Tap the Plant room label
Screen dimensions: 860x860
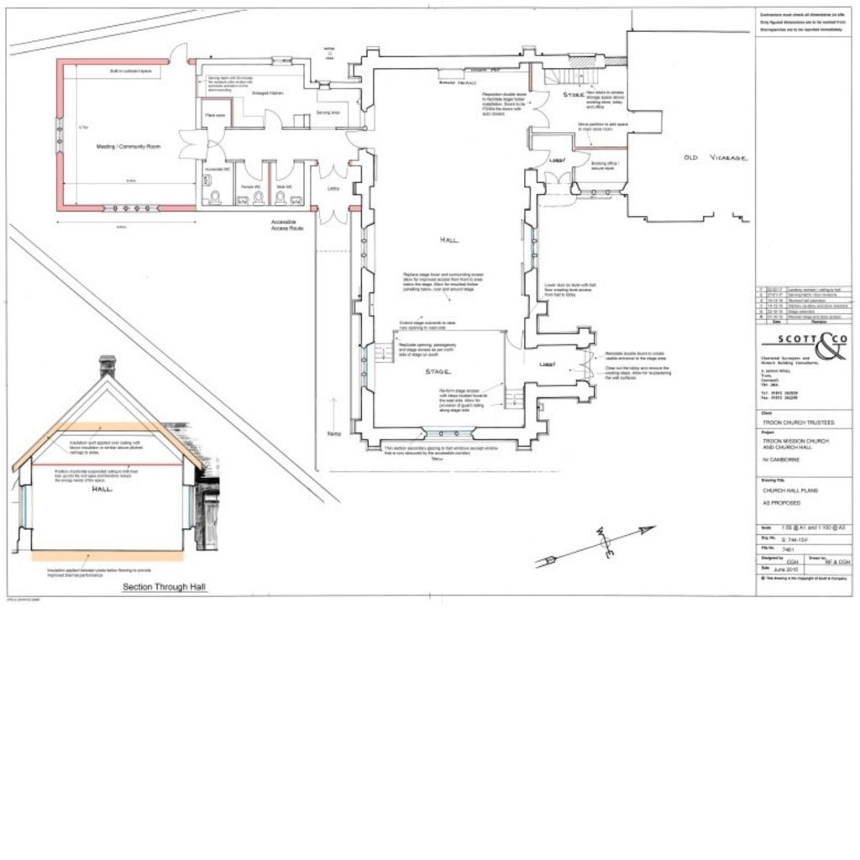pyautogui.click(x=212, y=115)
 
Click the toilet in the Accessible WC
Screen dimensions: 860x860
pyautogui.click(x=216, y=197)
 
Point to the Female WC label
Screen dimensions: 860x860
pyautogui.click(x=249, y=186)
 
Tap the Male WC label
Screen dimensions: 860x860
pyautogui.click(x=283, y=186)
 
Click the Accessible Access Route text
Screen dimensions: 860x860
pyautogui.click(x=291, y=225)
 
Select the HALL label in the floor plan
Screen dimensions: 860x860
pyautogui.click(x=450, y=240)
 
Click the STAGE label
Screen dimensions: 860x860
pyautogui.click(x=438, y=370)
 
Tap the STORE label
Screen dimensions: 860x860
pyautogui.click(x=574, y=95)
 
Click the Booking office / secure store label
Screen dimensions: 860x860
pyautogui.click(x=604, y=165)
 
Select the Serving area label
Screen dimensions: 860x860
pyautogui.click(x=328, y=112)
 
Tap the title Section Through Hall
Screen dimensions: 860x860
pyautogui.click(x=165, y=587)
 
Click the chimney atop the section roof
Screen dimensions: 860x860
pyautogui.click(x=107, y=365)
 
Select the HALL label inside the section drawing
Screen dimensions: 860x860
pyautogui.click(x=102, y=488)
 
